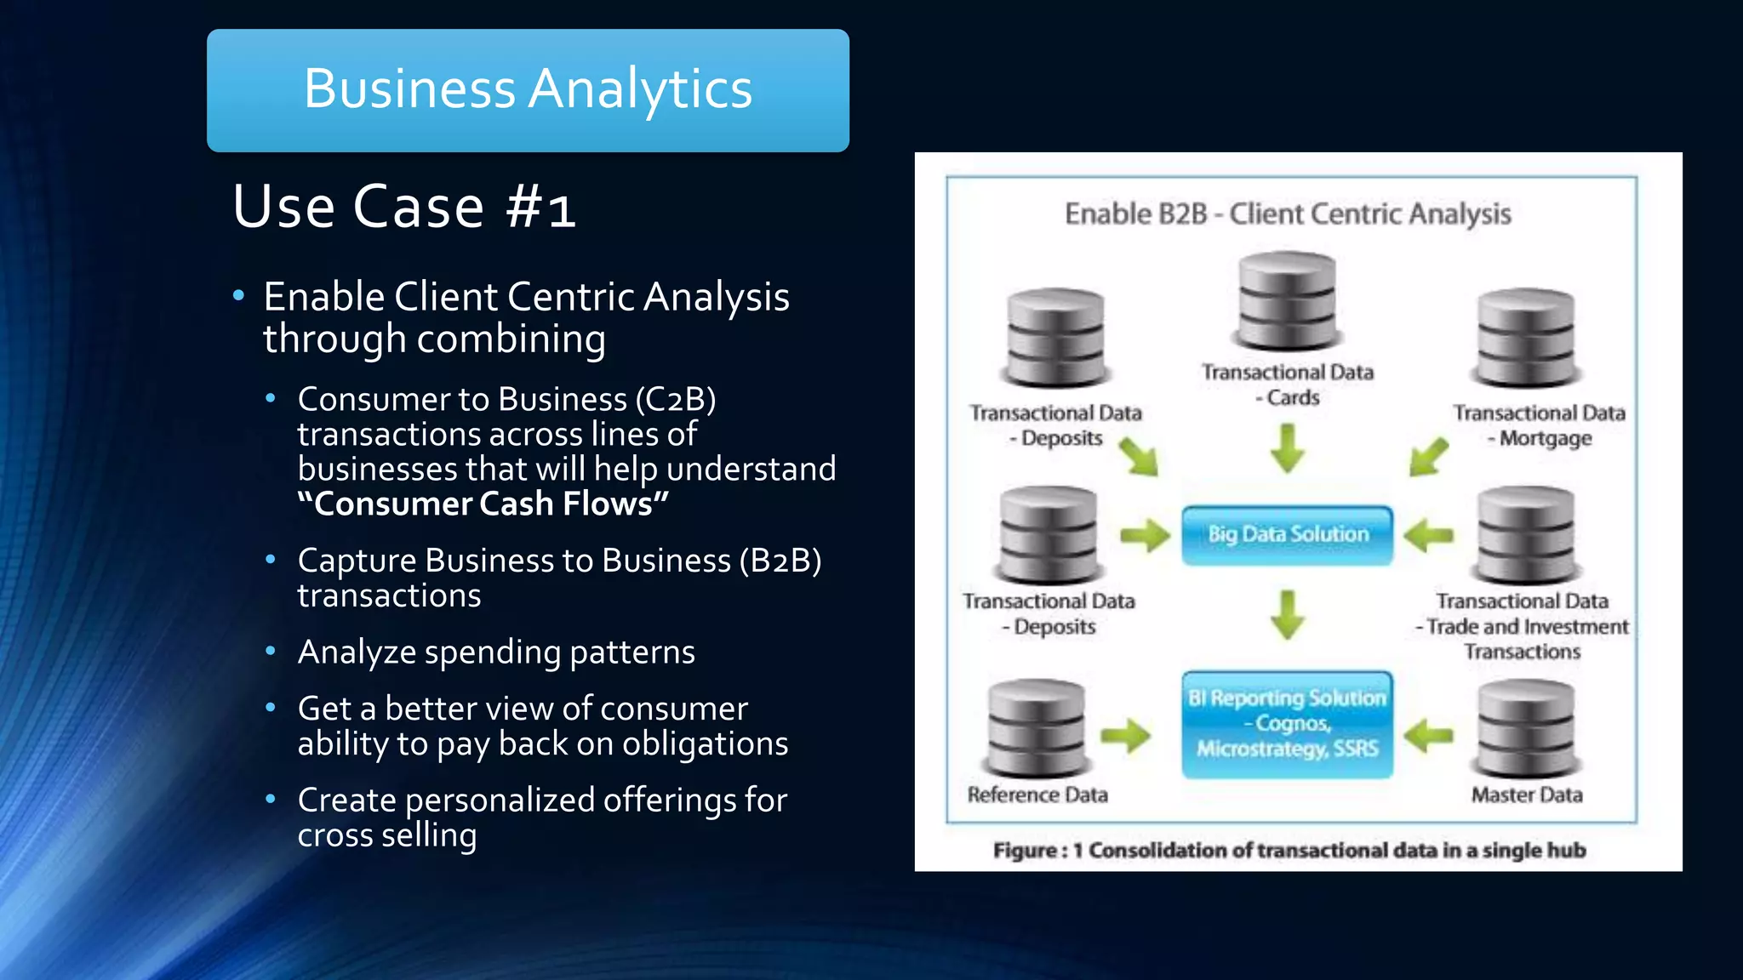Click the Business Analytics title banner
[528, 90]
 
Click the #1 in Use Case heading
[541, 208]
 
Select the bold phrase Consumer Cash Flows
[483, 504]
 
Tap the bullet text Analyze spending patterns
[496, 652]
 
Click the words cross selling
[386, 835]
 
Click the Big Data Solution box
[1287, 535]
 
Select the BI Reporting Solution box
[1287, 724]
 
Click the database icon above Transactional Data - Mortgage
[1526, 338]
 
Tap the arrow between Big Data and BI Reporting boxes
[1287, 614]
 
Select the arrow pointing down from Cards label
[1287, 447]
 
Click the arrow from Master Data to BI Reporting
[1428, 735]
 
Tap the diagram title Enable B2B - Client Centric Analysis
[1287, 214]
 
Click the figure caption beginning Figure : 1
[1289, 850]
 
